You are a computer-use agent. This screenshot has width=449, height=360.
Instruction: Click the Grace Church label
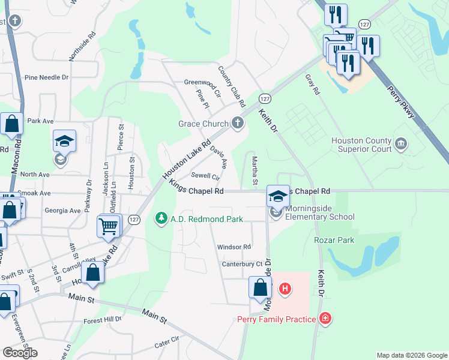click(203, 124)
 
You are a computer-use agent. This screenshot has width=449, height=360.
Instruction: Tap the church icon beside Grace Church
click(238, 124)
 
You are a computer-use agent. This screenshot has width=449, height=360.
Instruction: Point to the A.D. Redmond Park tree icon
click(161, 219)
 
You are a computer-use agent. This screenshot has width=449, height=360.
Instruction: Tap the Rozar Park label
click(334, 240)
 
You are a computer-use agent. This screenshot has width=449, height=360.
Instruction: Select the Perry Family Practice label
click(276, 319)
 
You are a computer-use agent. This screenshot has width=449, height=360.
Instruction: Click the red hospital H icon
click(286, 289)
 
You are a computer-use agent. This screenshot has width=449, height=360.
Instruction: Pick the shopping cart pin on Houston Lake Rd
click(108, 226)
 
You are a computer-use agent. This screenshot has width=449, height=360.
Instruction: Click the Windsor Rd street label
click(234, 247)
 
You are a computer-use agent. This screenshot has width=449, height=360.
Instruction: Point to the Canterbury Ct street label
click(243, 263)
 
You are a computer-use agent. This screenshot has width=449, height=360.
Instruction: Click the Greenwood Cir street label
click(202, 88)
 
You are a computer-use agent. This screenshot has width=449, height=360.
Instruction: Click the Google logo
click(20, 353)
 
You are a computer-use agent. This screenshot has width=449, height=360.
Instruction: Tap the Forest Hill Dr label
click(103, 320)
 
